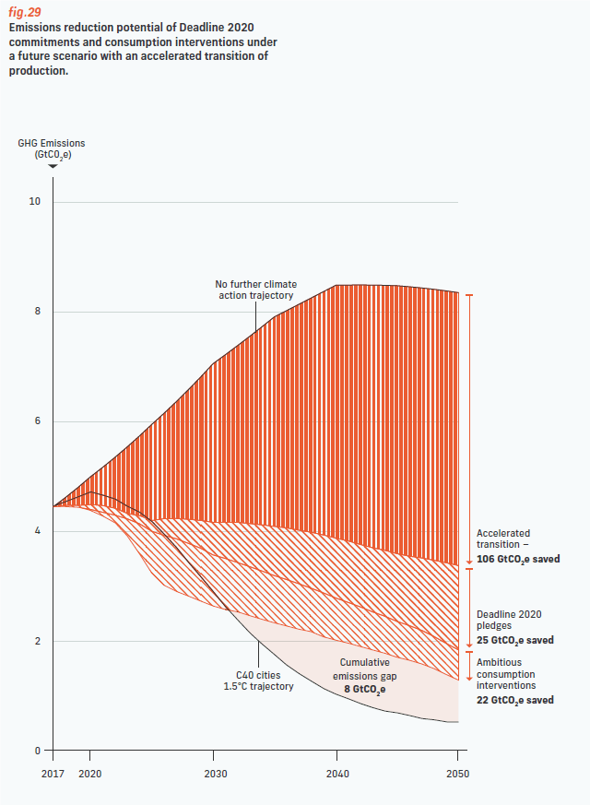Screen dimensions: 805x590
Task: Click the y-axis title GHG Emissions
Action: [x=52, y=144]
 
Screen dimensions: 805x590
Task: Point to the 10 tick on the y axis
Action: [x=37, y=202]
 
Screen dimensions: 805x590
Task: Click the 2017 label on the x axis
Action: [x=53, y=775]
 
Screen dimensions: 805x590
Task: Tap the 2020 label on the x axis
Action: [x=90, y=775]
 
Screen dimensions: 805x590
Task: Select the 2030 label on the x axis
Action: [x=215, y=775]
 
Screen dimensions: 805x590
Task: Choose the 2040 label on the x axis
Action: [x=336, y=775]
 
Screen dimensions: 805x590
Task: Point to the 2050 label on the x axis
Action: [x=457, y=775]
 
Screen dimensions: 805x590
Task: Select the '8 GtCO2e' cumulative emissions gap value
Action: [x=364, y=688]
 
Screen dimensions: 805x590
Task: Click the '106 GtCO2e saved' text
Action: [x=518, y=559]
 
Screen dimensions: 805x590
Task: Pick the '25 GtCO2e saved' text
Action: [x=514, y=640]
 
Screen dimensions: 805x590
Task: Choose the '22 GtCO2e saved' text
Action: [x=514, y=700]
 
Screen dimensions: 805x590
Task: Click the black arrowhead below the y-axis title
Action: [x=53, y=167]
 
